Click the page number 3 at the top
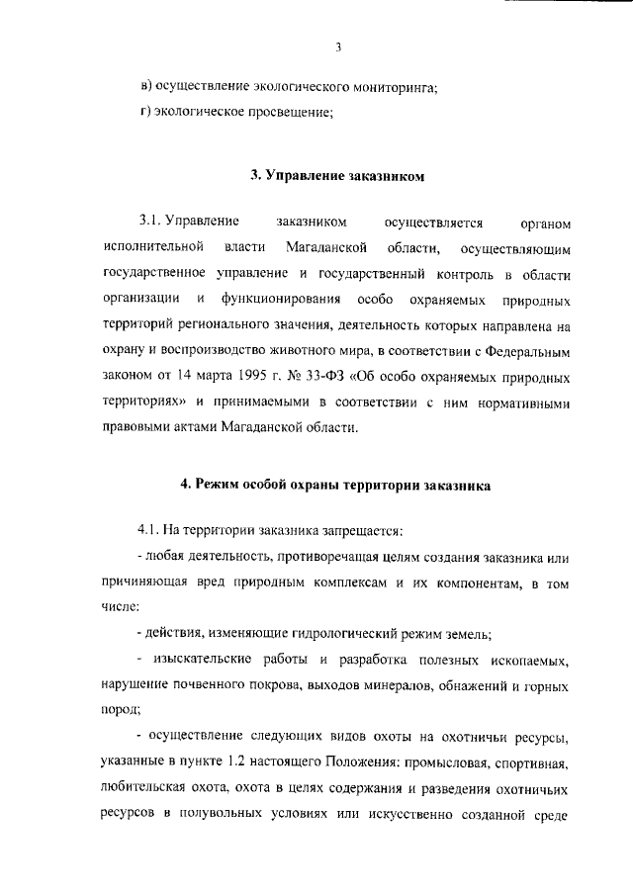[337, 46]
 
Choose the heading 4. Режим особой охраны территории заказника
[336, 485]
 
